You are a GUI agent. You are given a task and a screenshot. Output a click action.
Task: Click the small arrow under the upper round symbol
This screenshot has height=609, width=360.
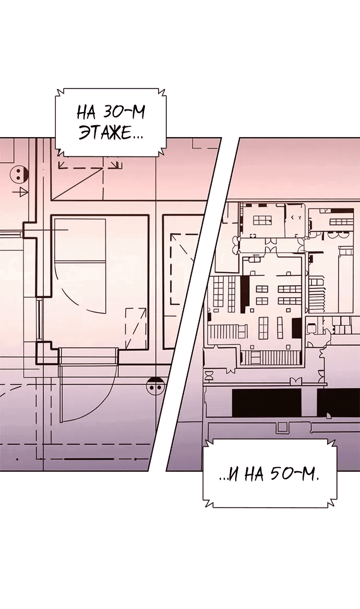pos(20,191)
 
